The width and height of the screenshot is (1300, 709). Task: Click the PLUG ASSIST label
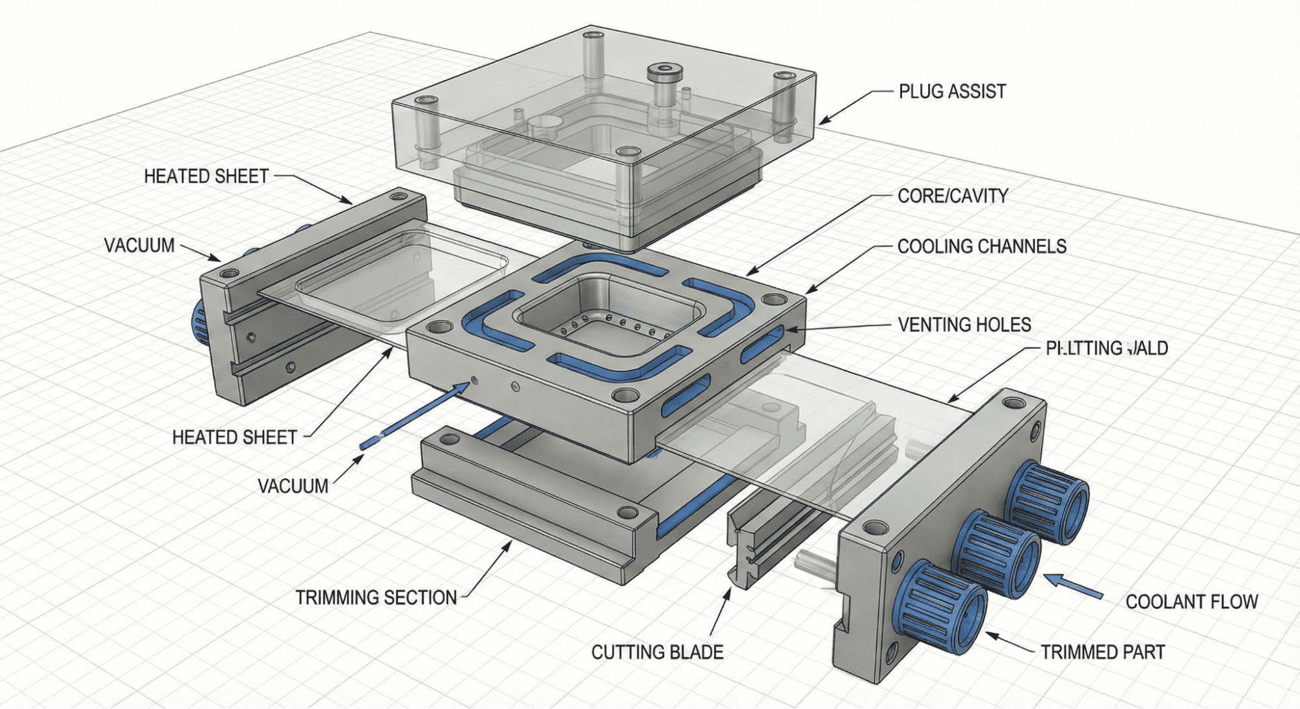click(x=952, y=92)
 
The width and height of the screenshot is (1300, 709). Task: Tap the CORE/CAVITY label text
click(x=952, y=196)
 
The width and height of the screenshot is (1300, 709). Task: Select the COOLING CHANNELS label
click(x=981, y=246)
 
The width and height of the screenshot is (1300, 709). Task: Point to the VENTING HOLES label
click(x=964, y=325)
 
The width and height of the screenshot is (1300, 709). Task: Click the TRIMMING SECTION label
click(x=376, y=598)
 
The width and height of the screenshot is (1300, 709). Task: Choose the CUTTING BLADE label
click(x=657, y=652)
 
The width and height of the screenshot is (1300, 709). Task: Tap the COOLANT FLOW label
click(x=1191, y=602)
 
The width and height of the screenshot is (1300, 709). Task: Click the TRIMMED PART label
click(x=1102, y=652)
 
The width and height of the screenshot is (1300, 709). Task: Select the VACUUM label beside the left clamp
click(x=139, y=246)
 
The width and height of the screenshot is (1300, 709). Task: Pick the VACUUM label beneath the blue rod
click(x=293, y=486)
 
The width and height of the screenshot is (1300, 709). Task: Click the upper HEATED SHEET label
click(x=206, y=176)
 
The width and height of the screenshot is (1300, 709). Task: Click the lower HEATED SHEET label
click(x=234, y=437)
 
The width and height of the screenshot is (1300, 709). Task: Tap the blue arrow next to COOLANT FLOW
click(x=1073, y=585)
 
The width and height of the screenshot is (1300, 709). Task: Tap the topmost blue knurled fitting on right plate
click(x=1047, y=502)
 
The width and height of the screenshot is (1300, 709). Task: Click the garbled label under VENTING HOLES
click(x=1106, y=348)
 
